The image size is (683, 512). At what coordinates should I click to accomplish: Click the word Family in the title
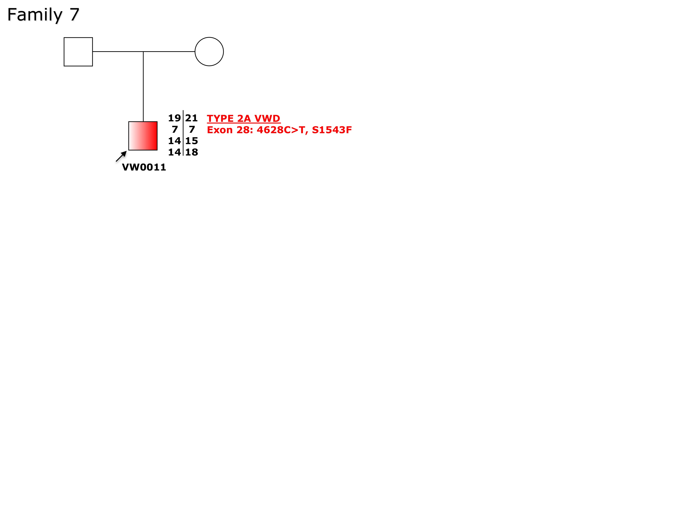35,15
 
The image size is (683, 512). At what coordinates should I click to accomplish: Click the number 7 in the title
74,15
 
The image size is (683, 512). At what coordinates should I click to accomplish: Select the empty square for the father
78,52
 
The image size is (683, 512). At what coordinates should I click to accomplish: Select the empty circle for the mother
209,51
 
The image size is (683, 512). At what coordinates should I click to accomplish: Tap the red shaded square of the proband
143,136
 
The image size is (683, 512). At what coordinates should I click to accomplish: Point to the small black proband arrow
121,156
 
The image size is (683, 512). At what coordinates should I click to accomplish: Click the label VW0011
144,167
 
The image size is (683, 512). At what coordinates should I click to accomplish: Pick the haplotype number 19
174,118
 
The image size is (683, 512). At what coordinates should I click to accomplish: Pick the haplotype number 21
192,118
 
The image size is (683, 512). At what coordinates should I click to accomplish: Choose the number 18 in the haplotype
192,152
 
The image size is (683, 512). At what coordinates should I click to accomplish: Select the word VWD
267,119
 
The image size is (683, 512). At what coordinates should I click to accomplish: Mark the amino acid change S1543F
332,130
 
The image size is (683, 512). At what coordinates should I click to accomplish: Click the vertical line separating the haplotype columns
183,133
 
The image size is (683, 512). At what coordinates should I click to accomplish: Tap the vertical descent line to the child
143,87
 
